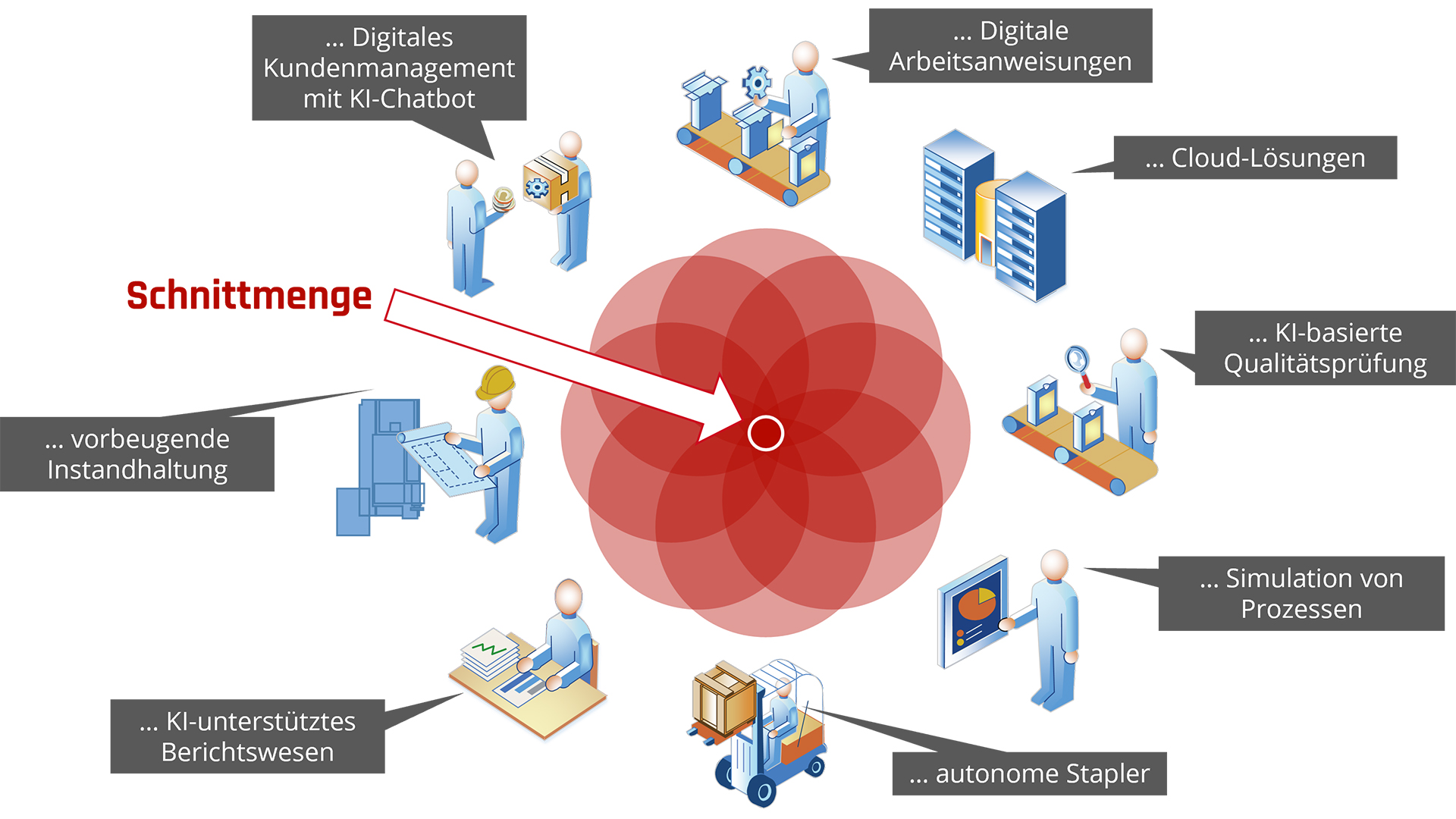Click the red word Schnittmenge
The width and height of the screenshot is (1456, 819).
249,296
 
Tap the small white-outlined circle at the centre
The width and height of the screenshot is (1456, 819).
765,433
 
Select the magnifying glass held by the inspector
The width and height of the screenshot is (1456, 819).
1077,359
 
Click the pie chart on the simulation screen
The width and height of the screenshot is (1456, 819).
977,603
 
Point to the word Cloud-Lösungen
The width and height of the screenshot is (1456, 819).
1268,158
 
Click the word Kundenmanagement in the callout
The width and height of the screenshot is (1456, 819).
389,68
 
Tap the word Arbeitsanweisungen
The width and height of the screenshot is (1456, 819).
1010,61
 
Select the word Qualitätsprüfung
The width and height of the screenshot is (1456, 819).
1325,364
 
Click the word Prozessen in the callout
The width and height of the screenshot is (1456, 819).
1301,609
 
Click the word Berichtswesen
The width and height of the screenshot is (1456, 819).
247,752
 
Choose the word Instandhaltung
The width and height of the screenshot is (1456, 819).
137,470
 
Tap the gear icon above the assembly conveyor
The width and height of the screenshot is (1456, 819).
756,82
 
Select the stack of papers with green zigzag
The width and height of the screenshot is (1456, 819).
490,652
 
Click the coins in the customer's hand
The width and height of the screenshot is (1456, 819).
503,199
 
